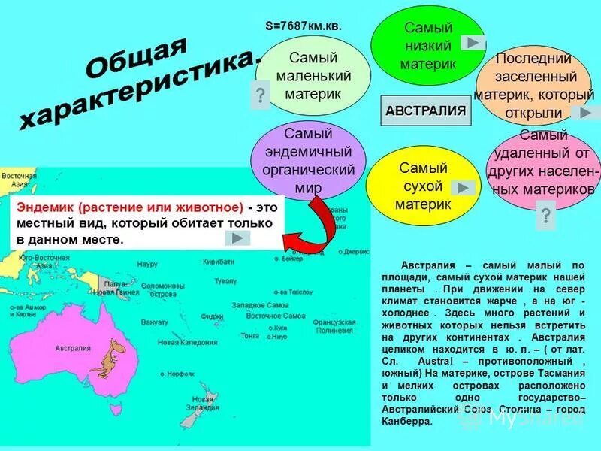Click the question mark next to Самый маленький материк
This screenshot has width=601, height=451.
pos(260,95)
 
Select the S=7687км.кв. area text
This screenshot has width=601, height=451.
pos(304,26)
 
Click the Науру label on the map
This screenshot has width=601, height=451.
pos(147,264)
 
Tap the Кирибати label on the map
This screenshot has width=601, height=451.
pos(219,262)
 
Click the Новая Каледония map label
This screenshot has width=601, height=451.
pos(187,342)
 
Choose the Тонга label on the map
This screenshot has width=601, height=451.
pos(250,336)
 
